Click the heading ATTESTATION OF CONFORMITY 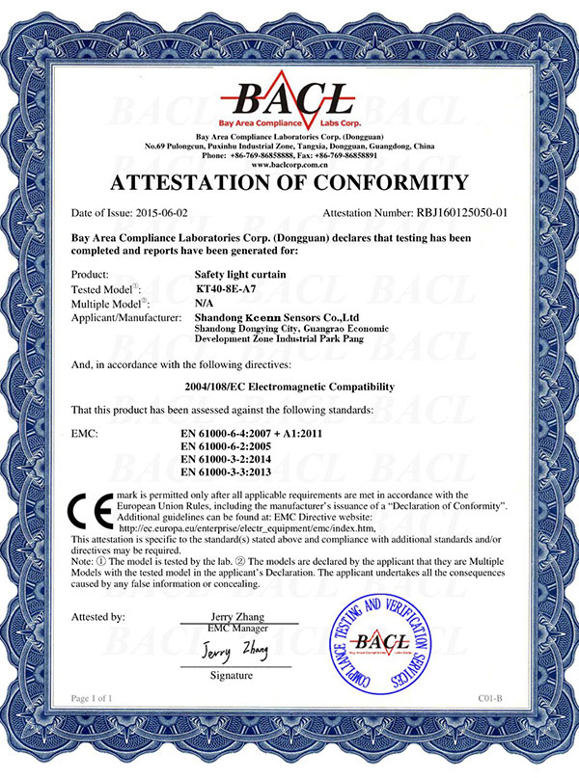point(289,183)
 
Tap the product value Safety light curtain point(239,274)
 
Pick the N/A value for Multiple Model point(205,302)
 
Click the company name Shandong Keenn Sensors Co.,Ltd point(277,316)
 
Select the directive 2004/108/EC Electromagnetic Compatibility point(289,387)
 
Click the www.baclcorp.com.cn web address point(289,164)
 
